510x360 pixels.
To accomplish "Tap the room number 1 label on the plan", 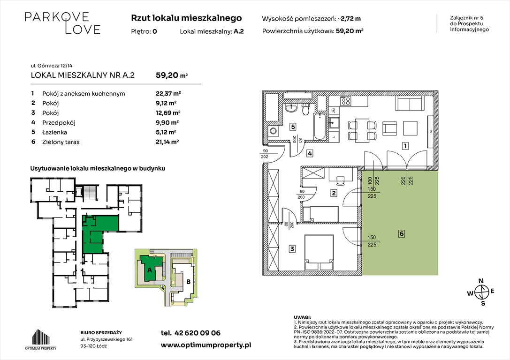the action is click(x=405, y=146).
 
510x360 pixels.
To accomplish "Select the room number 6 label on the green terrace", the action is click(x=402, y=233).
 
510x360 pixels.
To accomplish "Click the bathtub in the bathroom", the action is click(x=320, y=127).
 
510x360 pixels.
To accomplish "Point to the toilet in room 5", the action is click(x=305, y=110).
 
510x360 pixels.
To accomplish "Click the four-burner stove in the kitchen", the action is click(x=345, y=101).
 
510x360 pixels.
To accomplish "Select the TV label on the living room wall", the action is click(x=430, y=131).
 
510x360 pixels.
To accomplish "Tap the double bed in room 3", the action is click(x=319, y=253).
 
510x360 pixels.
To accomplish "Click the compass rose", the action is click(x=481, y=292).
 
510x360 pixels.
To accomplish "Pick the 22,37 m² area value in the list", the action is click(x=168, y=94).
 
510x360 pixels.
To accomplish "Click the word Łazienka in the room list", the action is click(x=54, y=132).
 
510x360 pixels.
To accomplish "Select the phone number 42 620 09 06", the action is click(x=198, y=333).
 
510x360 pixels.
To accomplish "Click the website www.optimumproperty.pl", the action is click(x=206, y=345).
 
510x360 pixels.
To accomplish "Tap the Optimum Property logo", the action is click(x=41, y=339).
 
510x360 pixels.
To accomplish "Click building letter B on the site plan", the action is click(x=189, y=282).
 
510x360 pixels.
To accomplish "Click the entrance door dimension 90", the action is click(x=266, y=151).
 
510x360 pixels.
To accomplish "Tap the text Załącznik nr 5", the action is click(x=466, y=18).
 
